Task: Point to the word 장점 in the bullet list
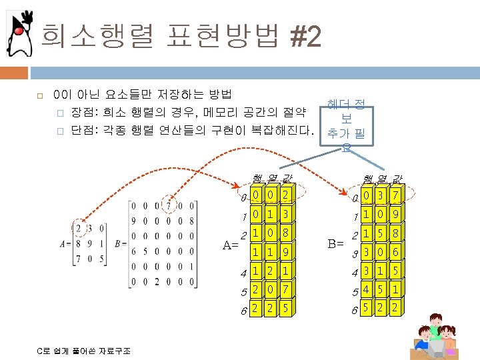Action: coord(83,111)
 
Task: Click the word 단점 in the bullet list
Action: coord(83,129)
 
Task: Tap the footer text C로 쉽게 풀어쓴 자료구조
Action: coord(84,351)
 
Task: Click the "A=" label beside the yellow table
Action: coord(231,244)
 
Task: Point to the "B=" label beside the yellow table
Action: coord(335,244)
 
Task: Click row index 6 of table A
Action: coord(244,311)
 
